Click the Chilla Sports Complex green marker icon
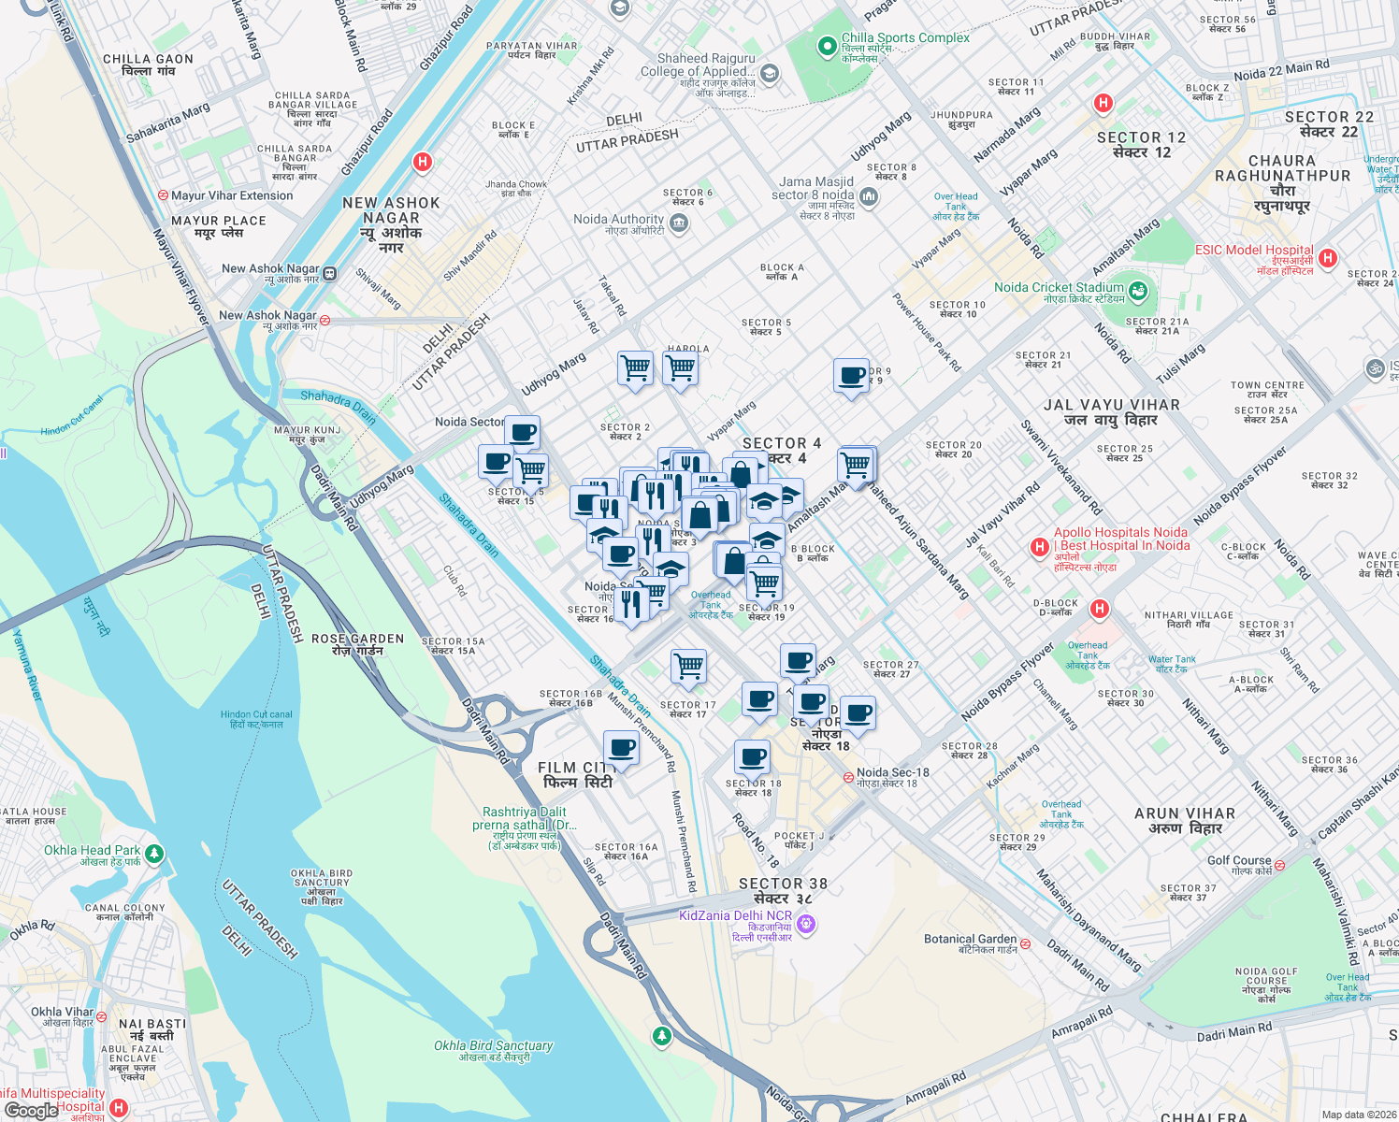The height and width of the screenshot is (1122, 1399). point(827,46)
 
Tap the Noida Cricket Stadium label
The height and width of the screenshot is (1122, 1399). point(1059,287)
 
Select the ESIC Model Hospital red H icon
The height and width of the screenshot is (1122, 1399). point(1327,258)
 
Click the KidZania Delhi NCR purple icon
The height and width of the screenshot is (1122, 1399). point(806,925)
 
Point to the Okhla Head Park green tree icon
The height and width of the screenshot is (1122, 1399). point(155,853)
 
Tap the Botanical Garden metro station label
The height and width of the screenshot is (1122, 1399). point(970,939)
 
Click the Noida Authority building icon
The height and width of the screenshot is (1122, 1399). point(679,223)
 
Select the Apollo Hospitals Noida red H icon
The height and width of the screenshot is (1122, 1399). point(1038,546)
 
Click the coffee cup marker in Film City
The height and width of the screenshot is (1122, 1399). point(621,749)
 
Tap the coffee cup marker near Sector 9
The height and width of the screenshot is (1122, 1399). point(852,376)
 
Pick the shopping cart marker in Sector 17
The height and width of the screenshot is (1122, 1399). point(688,666)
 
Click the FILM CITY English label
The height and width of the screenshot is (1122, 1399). point(574,768)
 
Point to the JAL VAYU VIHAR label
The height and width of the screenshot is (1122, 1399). point(1111,405)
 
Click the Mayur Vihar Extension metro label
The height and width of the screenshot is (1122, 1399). point(232,195)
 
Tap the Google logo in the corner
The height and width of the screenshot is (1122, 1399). point(31,1110)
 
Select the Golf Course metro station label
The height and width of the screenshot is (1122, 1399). point(1239,860)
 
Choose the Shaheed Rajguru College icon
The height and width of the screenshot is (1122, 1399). point(770,73)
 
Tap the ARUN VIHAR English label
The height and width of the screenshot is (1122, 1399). point(1184,813)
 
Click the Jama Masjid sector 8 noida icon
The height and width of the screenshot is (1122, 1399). point(869,195)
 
